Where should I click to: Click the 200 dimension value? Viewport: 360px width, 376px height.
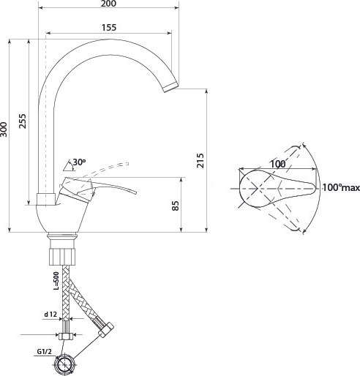coord(108,4)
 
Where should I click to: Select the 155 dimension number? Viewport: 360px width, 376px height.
coord(109,28)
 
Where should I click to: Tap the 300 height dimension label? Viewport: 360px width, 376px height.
coord(4,129)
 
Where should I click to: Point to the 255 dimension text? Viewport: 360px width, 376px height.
coord(23,121)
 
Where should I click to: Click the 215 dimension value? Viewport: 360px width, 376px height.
coord(200,160)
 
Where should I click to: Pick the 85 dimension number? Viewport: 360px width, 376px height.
coord(176,206)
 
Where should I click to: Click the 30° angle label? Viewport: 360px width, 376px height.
coord(79,162)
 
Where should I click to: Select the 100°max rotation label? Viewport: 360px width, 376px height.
coord(341,188)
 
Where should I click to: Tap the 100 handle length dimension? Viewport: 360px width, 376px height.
coord(278,164)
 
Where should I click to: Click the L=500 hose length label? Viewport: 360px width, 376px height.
coord(56,281)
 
